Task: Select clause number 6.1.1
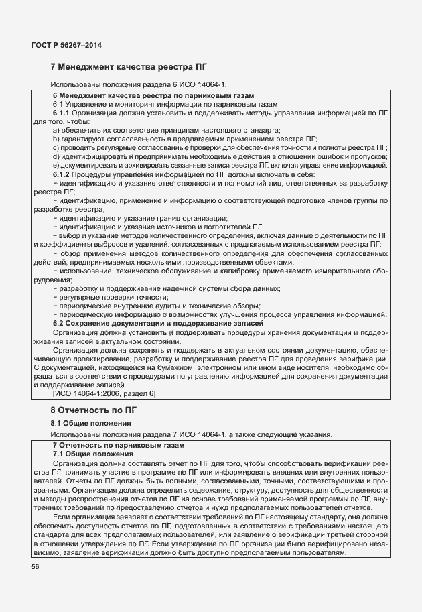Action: coord(64,113)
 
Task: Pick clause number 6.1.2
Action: coord(64,174)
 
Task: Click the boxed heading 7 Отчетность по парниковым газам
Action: coord(119,445)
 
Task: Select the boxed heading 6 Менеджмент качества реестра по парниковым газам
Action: coord(153,96)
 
